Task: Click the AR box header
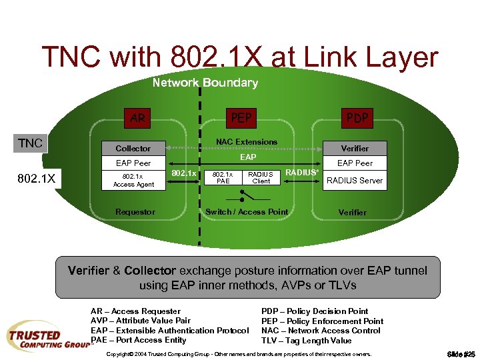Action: (137, 119)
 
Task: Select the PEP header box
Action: (241, 119)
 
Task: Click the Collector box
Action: (133, 148)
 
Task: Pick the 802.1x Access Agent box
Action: (133, 180)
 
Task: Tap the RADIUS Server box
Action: (354, 180)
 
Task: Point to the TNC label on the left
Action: (30, 143)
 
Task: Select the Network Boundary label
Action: (205, 83)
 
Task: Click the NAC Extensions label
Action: (247, 141)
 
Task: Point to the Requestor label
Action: (135, 212)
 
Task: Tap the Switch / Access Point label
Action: (247, 212)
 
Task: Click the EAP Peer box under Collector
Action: (133, 163)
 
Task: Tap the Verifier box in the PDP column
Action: (354, 148)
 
